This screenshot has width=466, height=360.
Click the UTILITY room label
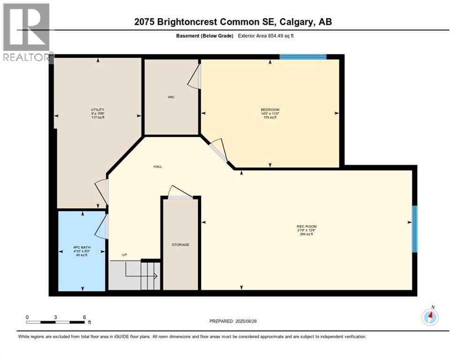pyautogui.click(x=97, y=110)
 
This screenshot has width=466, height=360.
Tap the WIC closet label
pyautogui.click(x=171, y=97)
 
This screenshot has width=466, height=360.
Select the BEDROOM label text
pyautogui.click(x=270, y=110)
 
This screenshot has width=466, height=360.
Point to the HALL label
pyautogui.click(x=158, y=166)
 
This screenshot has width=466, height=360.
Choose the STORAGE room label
pyautogui.click(x=180, y=245)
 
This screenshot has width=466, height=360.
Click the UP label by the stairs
pyautogui.click(x=124, y=255)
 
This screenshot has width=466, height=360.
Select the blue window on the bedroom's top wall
pyautogui.click(x=303, y=57)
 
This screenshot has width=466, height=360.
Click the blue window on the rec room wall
pyautogui.click(x=414, y=229)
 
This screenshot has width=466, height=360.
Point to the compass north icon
pyautogui.click(x=430, y=317)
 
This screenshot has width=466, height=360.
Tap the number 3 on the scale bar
pyautogui.click(x=56, y=317)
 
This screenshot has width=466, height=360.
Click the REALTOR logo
pyautogui.click(x=26, y=33)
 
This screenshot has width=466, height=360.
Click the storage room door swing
pyautogui.click(x=179, y=192)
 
